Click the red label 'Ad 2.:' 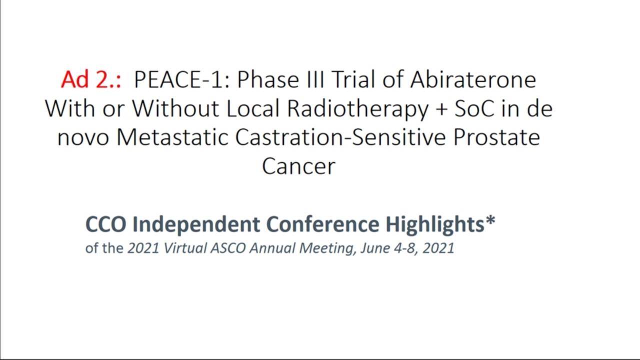91,79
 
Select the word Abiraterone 473,79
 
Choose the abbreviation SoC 474,109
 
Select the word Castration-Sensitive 340,137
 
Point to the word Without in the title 175,108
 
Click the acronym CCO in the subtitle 105,224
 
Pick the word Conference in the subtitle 323,224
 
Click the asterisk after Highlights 490,220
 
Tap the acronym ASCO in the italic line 228,248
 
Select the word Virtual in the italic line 185,248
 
